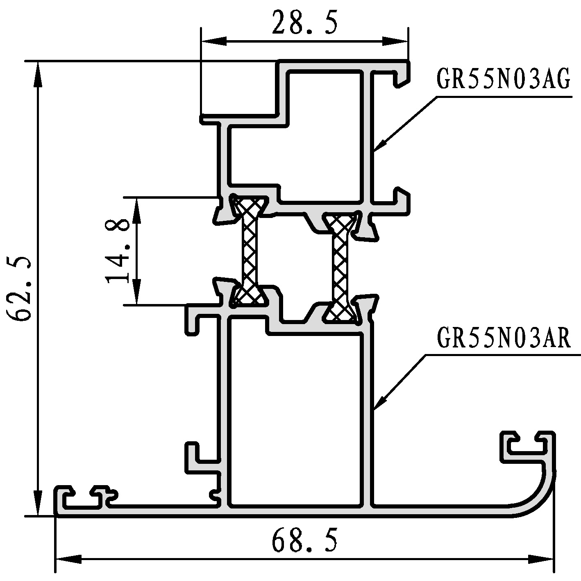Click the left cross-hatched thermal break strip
[250, 251]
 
